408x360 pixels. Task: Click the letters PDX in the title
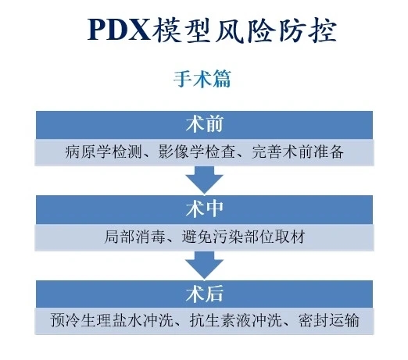tap(120, 30)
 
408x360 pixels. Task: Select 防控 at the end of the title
tap(307, 30)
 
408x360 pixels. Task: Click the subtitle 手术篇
tap(202, 79)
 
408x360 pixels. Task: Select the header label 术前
tap(204, 124)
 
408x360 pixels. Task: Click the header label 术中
tap(204, 209)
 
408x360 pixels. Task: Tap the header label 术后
tap(204, 294)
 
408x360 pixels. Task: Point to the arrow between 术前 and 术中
tap(204, 180)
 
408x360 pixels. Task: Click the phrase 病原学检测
tap(104, 152)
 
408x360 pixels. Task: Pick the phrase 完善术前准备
tap(298, 152)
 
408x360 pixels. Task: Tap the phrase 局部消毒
tap(135, 237)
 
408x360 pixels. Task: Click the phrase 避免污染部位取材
tap(243, 237)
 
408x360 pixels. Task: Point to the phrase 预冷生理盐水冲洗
tap(112, 320)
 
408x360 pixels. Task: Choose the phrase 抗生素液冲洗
tap(236, 320)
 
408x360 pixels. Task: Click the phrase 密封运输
tap(329, 320)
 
